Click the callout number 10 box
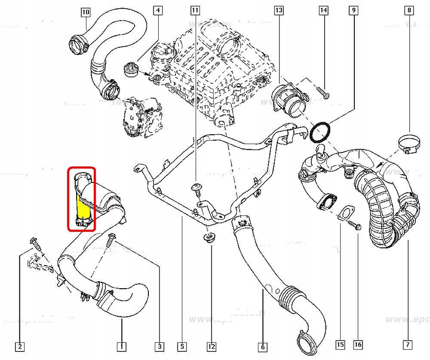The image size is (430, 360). click(x=86, y=12)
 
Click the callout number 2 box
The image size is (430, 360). click(x=19, y=345)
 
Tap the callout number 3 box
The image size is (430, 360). click(x=160, y=345)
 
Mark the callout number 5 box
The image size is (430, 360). click(x=182, y=345)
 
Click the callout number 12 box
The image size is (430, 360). click(x=212, y=345)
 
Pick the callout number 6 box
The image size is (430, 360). click(x=262, y=345)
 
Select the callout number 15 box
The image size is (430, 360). click(x=341, y=345)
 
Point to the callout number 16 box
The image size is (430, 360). click(x=358, y=345)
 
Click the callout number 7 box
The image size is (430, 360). click(x=407, y=345)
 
